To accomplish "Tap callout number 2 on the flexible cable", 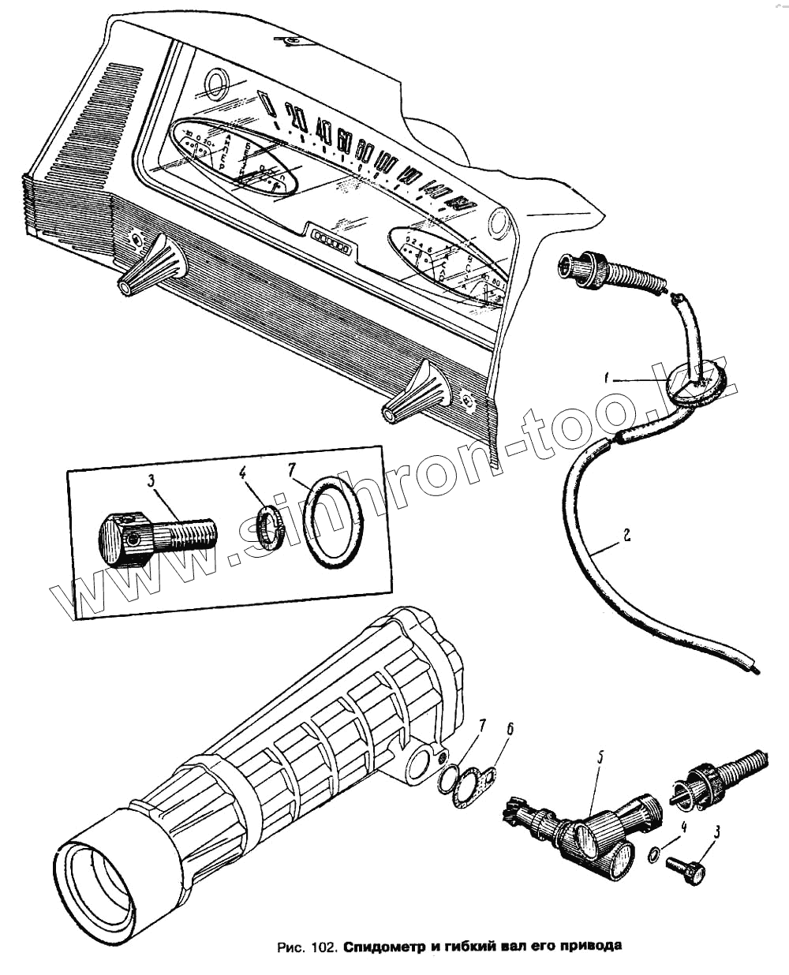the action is [x=625, y=536].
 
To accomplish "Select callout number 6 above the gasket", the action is [x=510, y=729].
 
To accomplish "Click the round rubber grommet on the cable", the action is [x=695, y=384].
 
